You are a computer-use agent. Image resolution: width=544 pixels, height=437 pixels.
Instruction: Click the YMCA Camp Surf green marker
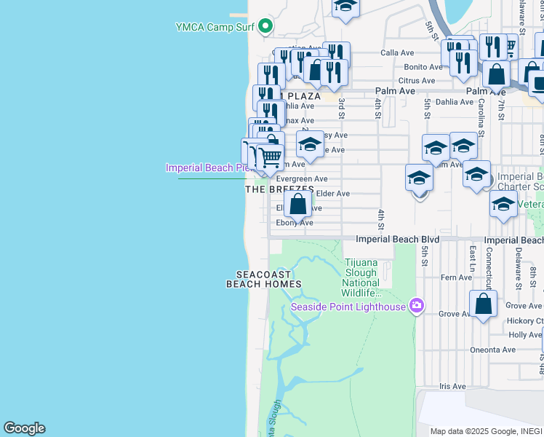(x=265, y=27)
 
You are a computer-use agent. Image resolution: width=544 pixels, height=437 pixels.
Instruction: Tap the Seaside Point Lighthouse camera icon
(x=417, y=306)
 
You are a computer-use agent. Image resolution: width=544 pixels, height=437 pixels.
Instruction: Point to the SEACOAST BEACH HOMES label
(x=263, y=279)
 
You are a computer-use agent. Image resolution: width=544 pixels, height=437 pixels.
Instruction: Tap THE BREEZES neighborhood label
(x=279, y=189)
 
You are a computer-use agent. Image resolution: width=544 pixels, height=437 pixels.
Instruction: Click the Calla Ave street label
(x=397, y=53)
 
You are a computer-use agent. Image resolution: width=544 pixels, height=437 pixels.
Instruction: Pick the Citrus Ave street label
(x=417, y=80)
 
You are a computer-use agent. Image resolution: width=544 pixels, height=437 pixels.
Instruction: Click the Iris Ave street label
(x=452, y=386)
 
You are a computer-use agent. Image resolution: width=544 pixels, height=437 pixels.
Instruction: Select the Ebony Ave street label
(x=295, y=223)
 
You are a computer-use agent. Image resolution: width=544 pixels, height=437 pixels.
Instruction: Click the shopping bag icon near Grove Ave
(x=484, y=304)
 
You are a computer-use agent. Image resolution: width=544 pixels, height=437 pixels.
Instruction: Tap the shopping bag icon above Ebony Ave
(x=297, y=204)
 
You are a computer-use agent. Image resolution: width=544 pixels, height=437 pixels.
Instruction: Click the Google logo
(x=24, y=428)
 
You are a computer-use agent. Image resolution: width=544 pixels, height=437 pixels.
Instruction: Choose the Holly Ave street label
(x=525, y=335)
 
